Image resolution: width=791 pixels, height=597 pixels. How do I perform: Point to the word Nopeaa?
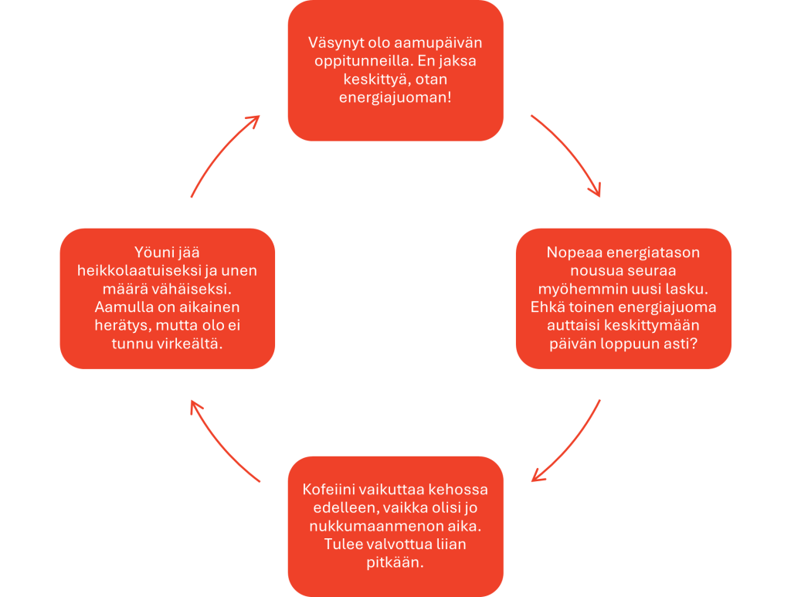pos(573,253)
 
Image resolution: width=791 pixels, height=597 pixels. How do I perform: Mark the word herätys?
pos(113,326)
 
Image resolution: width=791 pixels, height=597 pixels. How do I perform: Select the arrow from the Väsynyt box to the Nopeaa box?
pos(568,154)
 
